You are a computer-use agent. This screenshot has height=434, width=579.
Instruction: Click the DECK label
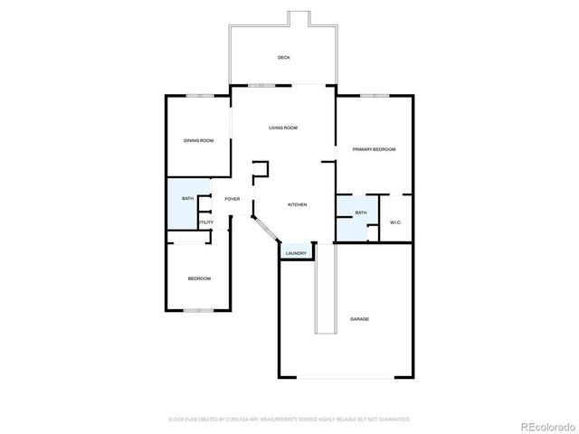(283, 58)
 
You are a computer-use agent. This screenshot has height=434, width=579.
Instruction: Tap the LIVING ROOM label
(283, 128)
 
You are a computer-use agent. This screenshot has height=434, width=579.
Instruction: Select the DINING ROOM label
(199, 140)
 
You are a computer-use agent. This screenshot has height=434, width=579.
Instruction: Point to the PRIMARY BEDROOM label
(375, 149)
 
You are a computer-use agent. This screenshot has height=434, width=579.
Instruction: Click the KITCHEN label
(298, 205)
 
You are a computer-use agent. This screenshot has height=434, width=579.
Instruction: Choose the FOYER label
(233, 198)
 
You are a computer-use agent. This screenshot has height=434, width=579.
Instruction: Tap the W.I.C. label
(395, 222)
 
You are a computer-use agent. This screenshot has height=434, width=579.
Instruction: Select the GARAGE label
(359, 319)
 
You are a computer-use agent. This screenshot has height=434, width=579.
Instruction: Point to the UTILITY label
(206, 222)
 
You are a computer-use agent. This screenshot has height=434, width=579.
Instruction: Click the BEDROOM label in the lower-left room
(199, 278)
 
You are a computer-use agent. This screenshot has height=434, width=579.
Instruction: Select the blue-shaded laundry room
(296, 250)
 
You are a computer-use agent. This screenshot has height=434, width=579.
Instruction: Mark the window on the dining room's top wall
(200, 95)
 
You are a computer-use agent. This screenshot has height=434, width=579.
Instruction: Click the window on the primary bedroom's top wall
(374, 95)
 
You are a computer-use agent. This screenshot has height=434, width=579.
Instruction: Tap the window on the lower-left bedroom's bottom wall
(198, 311)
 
